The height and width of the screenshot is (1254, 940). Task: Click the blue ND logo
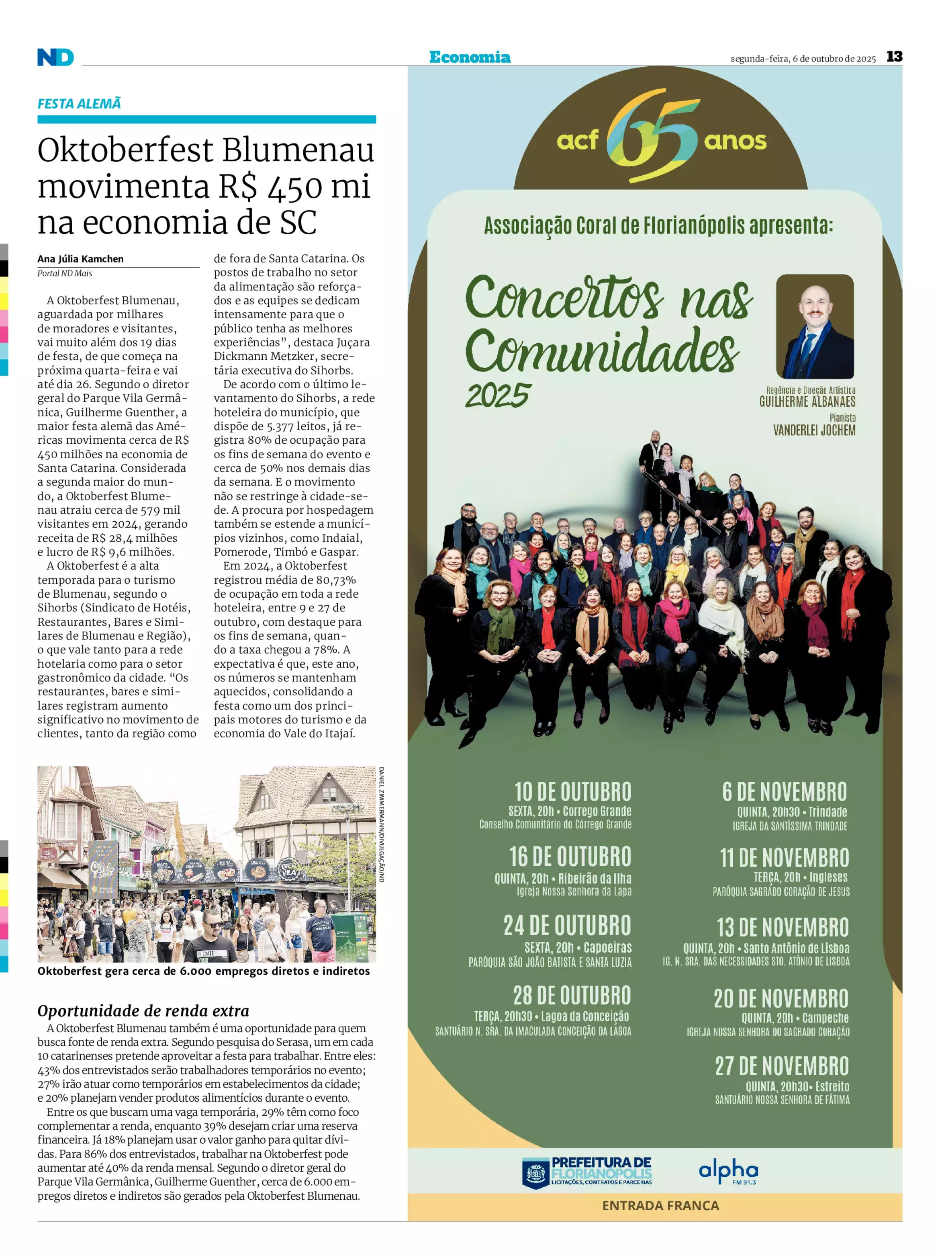point(55,57)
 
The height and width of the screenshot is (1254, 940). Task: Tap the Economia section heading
point(469,57)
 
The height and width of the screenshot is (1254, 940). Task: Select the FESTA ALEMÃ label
point(79,104)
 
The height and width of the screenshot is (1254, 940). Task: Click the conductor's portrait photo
point(814,326)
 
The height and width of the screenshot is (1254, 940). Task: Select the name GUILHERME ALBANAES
point(807,402)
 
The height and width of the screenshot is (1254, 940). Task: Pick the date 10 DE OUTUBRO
point(572,791)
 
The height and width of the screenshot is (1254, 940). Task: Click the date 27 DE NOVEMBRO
point(781,1066)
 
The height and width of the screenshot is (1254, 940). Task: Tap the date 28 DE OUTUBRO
point(572,996)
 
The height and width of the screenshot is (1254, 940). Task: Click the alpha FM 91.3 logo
point(728,1172)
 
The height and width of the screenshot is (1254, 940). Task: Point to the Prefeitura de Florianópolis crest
point(535,1172)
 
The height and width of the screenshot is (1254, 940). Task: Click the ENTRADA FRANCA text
point(660,1205)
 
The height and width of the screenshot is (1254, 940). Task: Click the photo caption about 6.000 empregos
point(203,971)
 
